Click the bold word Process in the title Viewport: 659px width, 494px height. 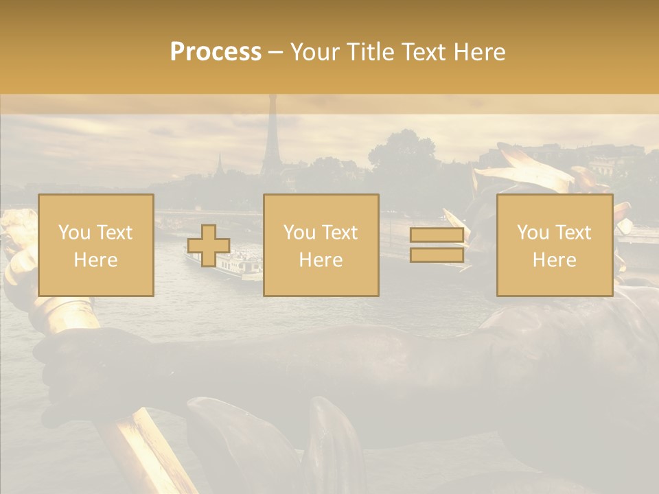pyautogui.click(x=216, y=52)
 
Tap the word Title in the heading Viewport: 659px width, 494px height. pyautogui.click(x=368, y=52)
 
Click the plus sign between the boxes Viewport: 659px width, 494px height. pyautogui.click(x=209, y=246)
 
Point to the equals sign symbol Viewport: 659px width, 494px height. pyautogui.click(x=437, y=246)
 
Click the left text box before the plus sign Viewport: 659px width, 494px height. pyautogui.click(x=96, y=245)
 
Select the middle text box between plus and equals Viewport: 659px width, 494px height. pyautogui.click(x=321, y=245)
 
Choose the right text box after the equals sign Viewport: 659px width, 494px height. pyautogui.click(x=554, y=245)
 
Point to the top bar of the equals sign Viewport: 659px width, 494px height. pyautogui.click(x=437, y=235)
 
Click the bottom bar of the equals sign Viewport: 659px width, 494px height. pyautogui.click(x=437, y=255)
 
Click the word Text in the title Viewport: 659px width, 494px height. pyautogui.click(x=425, y=52)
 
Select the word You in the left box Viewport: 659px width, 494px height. pyautogui.click(x=73, y=233)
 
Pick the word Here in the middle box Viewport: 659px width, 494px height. pyautogui.click(x=321, y=260)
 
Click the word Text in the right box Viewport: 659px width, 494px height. pyautogui.click(x=573, y=233)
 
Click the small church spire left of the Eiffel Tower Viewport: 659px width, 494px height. pyautogui.click(x=220, y=165)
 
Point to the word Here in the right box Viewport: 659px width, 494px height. pyautogui.click(x=554, y=260)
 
